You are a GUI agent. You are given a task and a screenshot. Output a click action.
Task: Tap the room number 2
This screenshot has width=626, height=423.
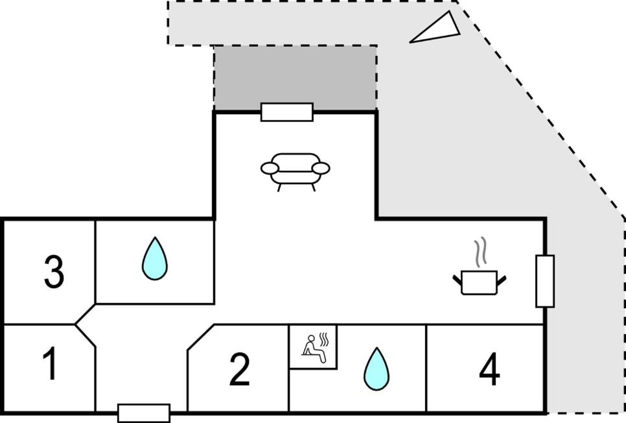239,369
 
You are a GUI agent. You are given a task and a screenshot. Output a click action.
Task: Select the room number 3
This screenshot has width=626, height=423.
54,272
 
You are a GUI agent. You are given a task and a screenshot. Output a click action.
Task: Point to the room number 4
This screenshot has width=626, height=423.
489,370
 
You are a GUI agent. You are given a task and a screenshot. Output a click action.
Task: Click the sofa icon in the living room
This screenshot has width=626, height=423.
295,170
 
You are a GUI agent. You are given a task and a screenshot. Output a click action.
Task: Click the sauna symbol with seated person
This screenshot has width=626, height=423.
312,345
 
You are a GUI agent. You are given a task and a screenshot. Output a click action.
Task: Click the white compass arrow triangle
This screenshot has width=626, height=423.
437,30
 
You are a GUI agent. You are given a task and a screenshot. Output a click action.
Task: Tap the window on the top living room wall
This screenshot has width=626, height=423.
287,112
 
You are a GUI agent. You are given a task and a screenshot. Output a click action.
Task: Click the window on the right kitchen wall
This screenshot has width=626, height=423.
545,281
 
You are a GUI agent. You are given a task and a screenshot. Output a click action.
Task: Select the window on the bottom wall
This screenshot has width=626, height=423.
144,413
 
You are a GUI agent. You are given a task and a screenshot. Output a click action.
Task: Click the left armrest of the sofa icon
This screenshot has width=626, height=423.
270,169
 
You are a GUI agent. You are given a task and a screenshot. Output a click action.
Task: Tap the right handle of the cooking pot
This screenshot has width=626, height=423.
500,280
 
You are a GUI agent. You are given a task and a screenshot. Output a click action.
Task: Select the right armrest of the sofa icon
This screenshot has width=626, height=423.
321,169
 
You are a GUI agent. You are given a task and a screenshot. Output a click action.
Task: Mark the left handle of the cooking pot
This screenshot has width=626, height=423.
458,280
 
